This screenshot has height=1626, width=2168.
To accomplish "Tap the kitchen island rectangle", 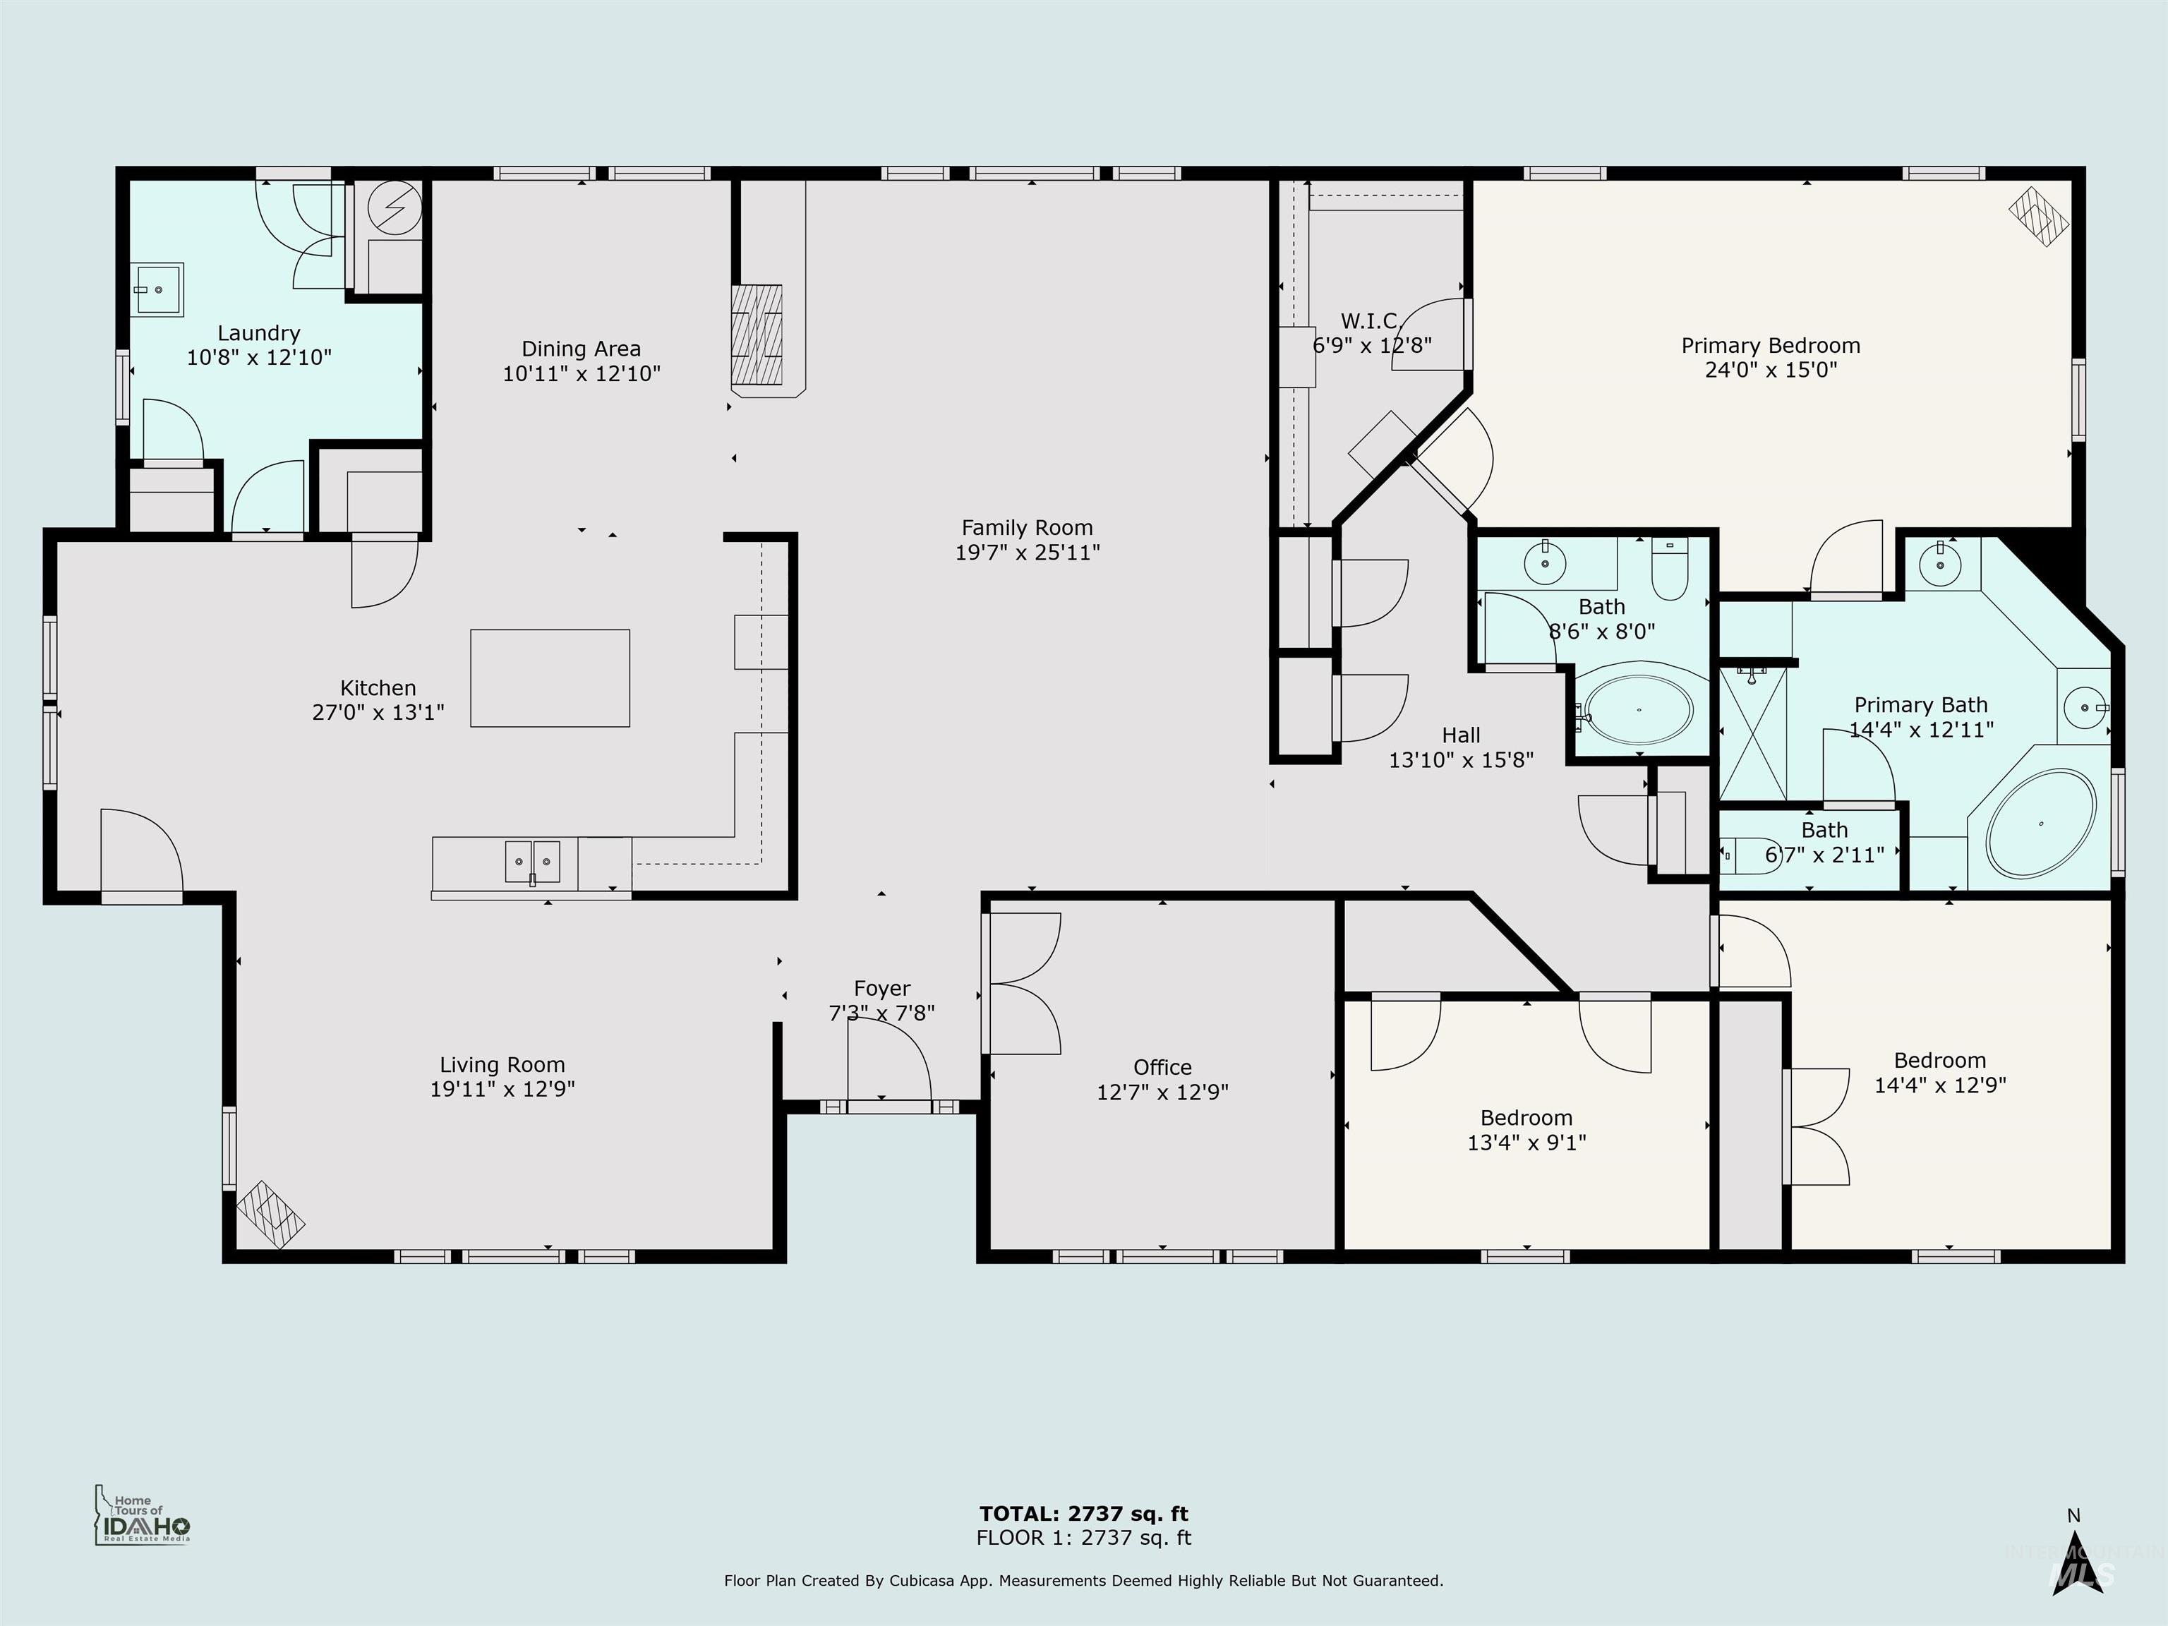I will (x=550, y=678).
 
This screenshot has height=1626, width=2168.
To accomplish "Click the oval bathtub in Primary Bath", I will (x=2040, y=824).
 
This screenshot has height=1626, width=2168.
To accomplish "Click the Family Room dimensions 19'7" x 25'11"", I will (x=1027, y=553).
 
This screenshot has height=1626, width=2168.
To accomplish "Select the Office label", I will (x=1162, y=1067).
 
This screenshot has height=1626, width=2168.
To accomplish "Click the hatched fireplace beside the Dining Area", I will (x=757, y=335).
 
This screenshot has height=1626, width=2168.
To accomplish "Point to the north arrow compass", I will (x=2074, y=1558).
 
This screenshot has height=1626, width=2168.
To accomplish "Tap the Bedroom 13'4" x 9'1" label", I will (x=1526, y=1119).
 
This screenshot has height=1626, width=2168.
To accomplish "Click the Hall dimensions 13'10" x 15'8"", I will (x=1460, y=759).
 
